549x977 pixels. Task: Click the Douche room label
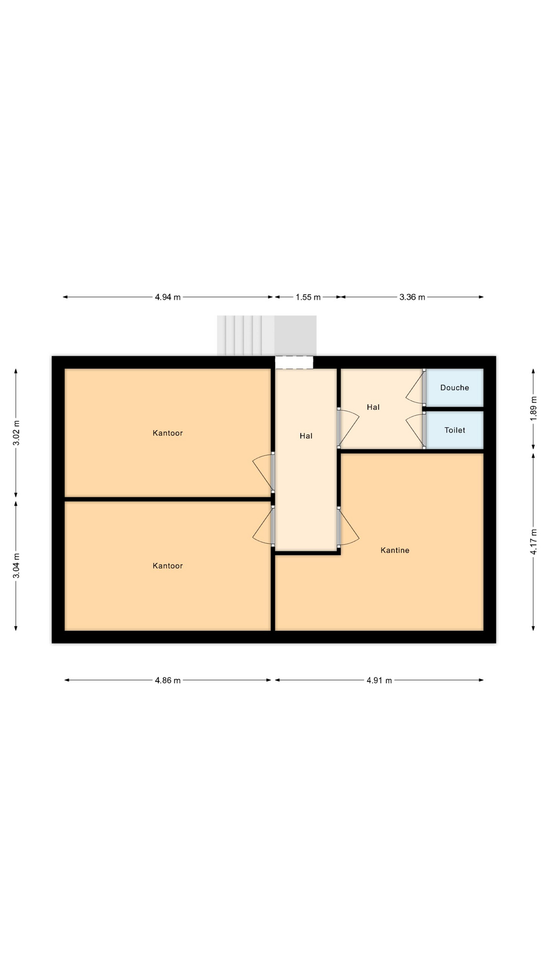[x=454, y=388]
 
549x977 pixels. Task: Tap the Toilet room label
[x=454, y=430]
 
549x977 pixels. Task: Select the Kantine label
[x=395, y=550]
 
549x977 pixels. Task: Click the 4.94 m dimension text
[x=168, y=297]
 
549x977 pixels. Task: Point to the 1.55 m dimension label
[x=308, y=297]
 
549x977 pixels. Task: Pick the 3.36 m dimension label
[x=412, y=297]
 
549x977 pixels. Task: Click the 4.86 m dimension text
[x=168, y=680]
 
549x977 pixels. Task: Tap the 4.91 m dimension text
[x=379, y=680]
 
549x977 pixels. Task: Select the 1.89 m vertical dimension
[x=533, y=409]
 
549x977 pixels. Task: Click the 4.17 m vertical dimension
[x=533, y=542]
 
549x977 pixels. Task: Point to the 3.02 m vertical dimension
[x=16, y=433]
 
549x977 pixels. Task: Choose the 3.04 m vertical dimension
[x=16, y=566]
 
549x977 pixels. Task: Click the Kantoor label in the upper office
[x=168, y=433]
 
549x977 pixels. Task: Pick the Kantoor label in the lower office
[x=168, y=566]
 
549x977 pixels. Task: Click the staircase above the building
[x=267, y=335]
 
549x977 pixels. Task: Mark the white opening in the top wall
[x=294, y=362]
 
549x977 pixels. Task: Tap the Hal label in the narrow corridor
[x=306, y=436]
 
